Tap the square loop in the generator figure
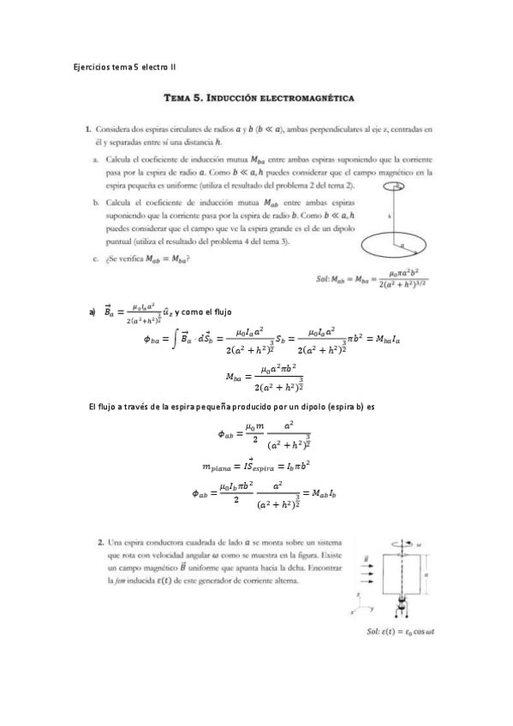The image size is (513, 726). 398,582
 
